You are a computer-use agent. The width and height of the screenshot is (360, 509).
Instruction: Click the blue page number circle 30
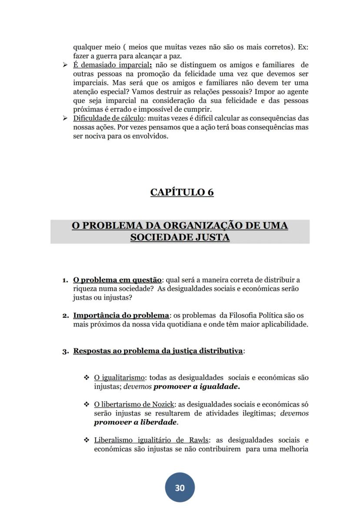click(180, 488)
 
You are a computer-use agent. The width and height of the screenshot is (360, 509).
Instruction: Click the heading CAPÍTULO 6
click(182, 192)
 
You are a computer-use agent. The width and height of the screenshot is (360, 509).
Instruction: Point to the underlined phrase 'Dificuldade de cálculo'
click(105, 118)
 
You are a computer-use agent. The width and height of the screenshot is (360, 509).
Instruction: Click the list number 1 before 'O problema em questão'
click(64, 280)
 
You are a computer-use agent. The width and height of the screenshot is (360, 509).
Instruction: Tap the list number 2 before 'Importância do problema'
click(64, 315)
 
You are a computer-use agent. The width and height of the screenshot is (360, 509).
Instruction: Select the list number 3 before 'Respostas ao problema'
click(65, 351)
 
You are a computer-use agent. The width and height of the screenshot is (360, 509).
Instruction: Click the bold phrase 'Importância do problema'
click(121, 315)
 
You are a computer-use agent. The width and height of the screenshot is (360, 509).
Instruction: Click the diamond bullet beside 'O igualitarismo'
click(86, 378)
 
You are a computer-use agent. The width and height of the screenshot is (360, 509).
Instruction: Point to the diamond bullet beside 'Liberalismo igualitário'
click(86, 440)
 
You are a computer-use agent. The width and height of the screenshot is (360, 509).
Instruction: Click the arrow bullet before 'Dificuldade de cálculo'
click(65, 118)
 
